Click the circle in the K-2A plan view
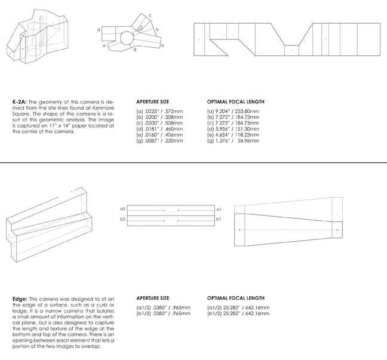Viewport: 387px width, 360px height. [120, 38]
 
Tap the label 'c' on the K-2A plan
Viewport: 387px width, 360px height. [150, 16]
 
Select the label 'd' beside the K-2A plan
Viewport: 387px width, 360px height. [99, 30]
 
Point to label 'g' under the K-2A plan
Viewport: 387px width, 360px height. [135, 50]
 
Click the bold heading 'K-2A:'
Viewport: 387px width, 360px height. [20, 102]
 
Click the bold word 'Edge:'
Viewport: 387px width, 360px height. [20, 299]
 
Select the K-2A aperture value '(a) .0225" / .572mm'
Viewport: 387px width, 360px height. [159, 111]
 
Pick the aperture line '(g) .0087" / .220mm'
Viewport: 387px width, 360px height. [159, 141]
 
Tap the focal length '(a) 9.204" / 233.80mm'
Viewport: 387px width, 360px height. [233, 111]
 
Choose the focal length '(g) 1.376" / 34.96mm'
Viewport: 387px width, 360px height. [233, 141]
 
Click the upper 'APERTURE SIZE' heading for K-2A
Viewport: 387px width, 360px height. [152, 101]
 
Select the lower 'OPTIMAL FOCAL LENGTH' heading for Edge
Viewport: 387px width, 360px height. [236, 298]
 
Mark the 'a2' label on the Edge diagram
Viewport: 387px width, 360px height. [122, 209]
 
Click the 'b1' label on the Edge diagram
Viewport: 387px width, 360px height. [219, 219]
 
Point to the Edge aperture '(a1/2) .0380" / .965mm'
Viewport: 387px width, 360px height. [164, 307]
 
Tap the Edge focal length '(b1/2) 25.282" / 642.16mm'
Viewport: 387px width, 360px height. [238, 313]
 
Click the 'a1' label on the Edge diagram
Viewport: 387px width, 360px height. [219, 209]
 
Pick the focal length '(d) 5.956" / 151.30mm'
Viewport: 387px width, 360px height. [233, 129]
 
